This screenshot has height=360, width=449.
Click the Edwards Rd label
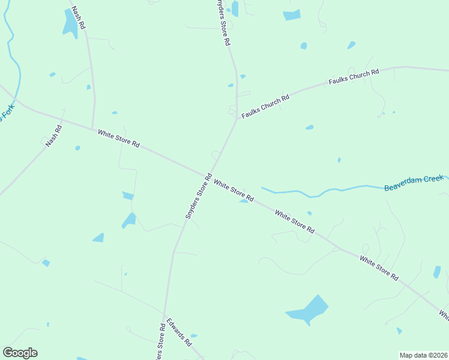pyautogui.click(x=179, y=332)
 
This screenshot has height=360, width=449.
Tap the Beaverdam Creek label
pyautogui.click(x=414, y=183)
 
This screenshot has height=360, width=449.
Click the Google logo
pyautogui.click(x=20, y=353)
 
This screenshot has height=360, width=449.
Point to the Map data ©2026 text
pyautogui.click(x=423, y=355)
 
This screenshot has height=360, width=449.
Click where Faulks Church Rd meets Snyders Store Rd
pyautogui.click(x=238, y=117)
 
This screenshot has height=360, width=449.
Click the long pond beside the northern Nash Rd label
pyautogui.click(x=70, y=23)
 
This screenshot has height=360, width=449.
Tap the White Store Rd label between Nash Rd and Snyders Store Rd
pyautogui.click(x=119, y=139)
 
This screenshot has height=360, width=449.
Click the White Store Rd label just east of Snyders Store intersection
pyautogui.click(x=234, y=191)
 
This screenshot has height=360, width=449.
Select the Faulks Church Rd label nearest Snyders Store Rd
pyautogui.click(x=266, y=106)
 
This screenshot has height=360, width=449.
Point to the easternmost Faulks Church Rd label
pyautogui.click(x=354, y=77)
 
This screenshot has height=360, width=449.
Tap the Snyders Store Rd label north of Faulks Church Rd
pyautogui.click(x=223, y=23)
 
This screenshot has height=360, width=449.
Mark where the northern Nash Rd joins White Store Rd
pyautogui.click(x=92, y=128)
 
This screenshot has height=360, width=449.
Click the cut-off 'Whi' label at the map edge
pyautogui.click(x=444, y=314)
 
